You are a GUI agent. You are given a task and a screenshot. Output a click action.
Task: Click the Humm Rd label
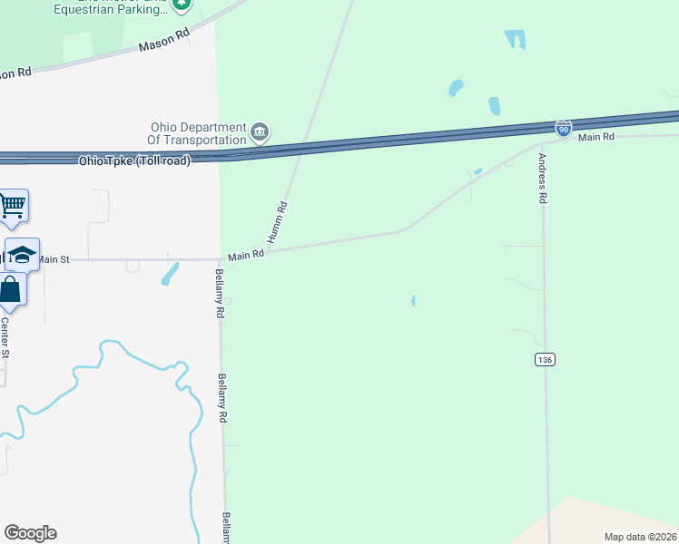click(x=281, y=219)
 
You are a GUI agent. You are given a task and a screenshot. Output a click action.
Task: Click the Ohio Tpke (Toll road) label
click(x=134, y=160)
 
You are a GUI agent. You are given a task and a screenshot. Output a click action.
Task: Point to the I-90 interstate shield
click(x=564, y=127)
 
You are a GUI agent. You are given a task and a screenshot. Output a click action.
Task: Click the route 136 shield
click(x=545, y=360)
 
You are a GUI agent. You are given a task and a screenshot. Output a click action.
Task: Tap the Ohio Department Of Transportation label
click(x=198, y=133)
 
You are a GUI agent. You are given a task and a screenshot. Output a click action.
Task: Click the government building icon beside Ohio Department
click(x=261, y=133)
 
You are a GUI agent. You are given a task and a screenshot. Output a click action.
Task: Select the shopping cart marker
click(x=12, y=205)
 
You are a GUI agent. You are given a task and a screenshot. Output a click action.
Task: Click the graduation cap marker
click(x=22, y=254)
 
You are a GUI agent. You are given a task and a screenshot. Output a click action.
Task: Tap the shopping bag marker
click(x=10, y=290)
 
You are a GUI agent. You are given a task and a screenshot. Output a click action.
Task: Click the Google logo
click(x=30, y=533)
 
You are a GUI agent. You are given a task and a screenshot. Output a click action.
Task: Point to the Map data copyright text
click(x=640, y=537)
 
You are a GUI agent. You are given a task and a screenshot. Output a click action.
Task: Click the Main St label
click(x=53, y=259)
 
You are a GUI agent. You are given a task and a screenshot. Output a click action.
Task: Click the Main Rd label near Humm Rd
click(x=245, y=256)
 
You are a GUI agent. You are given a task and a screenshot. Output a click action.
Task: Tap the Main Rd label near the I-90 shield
click(x=596, y=137)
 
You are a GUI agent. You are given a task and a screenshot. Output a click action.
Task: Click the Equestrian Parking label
click(x=110, y=10)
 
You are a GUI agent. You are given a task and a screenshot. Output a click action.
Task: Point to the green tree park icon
click(x=182, y=4)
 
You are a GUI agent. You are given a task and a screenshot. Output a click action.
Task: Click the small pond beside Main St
click(x=170, y=273)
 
